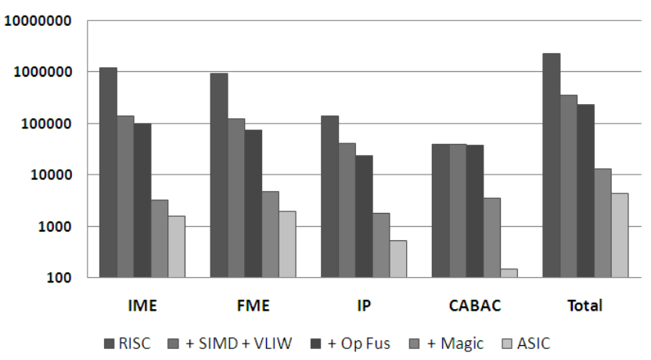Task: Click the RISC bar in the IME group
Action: pyautogui.click(x=108, y=172)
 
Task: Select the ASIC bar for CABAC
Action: pyautogui.click(x=509, y=273)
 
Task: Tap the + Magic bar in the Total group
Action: pyautogui.click(x=602, y=223)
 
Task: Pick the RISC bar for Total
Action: pyautogui.click(x=551, y=165)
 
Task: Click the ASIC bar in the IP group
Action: pyautogui.click(x=398, y=259)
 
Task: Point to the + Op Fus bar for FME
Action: pyautogui.click(x=253, y=203)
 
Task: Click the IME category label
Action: pyautogui.click(x=142, y=306)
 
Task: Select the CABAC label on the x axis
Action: pyautogui.click(x=473, y=306)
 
